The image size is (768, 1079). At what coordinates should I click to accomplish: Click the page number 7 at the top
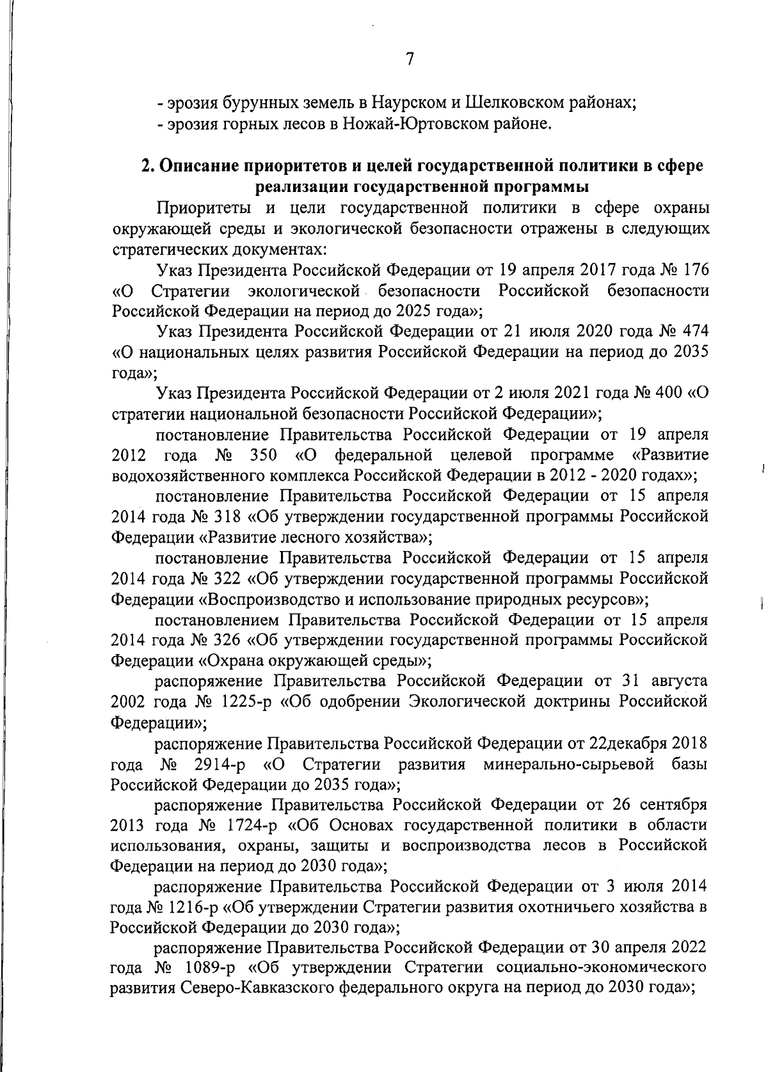click(x=410, y=60)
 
